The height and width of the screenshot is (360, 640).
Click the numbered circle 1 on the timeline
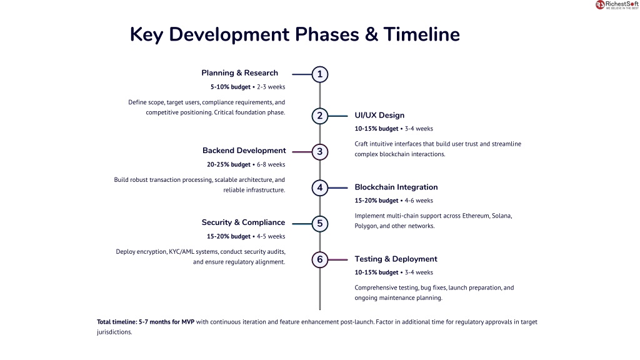319,74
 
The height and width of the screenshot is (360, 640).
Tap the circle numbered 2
319,116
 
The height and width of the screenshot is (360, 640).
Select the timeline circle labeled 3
319,152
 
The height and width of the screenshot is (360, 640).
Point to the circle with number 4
319,187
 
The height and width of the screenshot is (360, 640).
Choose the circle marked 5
319,224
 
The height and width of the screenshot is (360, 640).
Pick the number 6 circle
319,259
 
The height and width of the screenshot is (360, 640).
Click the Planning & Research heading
239,73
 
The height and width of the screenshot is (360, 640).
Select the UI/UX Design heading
379,116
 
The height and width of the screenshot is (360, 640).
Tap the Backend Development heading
244,151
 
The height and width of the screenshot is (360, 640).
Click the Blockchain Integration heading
396,187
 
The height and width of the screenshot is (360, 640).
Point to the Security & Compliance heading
243,222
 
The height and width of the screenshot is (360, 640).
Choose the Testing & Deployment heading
396,259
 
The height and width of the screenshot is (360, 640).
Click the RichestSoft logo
617,5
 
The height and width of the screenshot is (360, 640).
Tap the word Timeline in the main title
422,34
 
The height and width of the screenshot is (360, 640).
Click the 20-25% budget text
229,164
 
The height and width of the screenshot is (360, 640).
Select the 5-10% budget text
231,87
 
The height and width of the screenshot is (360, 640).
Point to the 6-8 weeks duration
271,164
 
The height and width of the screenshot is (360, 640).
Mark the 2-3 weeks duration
271,87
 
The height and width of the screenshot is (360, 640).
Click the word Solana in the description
502,216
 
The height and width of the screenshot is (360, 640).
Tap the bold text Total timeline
117,322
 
